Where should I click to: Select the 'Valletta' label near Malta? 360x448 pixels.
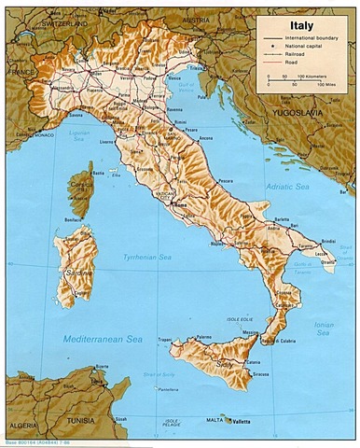[242, 422]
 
